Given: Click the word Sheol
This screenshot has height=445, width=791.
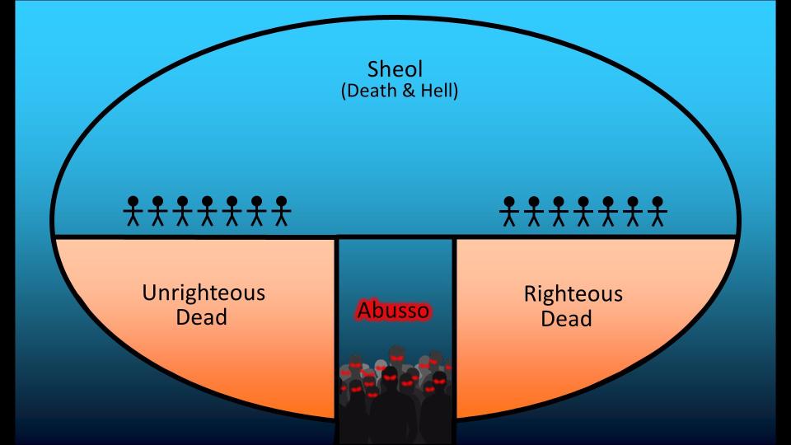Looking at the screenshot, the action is pyautogui.click(x=395, y=69).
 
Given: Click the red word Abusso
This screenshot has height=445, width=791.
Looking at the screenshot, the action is pyautogui.click(x=394, y=311).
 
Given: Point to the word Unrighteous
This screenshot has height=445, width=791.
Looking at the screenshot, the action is pyautogui.click(x=204, y=293).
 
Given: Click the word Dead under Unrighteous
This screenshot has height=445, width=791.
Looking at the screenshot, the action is pyautogui.click(x=201, y=317).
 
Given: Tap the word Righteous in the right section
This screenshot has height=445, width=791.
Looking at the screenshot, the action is pyautogui.click(x=573, y=294).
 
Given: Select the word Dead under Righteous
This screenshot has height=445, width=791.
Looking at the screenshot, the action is pyautogui.click(x=566, y=319).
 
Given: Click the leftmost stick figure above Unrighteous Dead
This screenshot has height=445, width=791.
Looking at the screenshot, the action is pyautogui.click(x=133, y=211).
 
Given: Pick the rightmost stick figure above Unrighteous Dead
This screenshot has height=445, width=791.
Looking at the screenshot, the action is pyautogui.click(x=282, y=211).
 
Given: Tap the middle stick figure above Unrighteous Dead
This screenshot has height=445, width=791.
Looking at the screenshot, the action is pyautogui.click(x=207, y=211).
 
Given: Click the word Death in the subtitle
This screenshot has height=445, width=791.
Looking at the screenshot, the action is pyautogui.click(x=371, y=91).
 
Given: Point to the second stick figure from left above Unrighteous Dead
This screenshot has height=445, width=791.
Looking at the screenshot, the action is pyautogui.click(x=157, y=211).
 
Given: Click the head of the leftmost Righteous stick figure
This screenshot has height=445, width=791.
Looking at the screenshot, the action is pyautogui.click(x=509, y=202).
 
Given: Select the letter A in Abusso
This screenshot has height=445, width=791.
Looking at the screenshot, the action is pyautogui.click(x=365, y=311).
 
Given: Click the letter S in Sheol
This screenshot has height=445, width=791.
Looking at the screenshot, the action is pyautogui.click(x=373, y=69).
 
